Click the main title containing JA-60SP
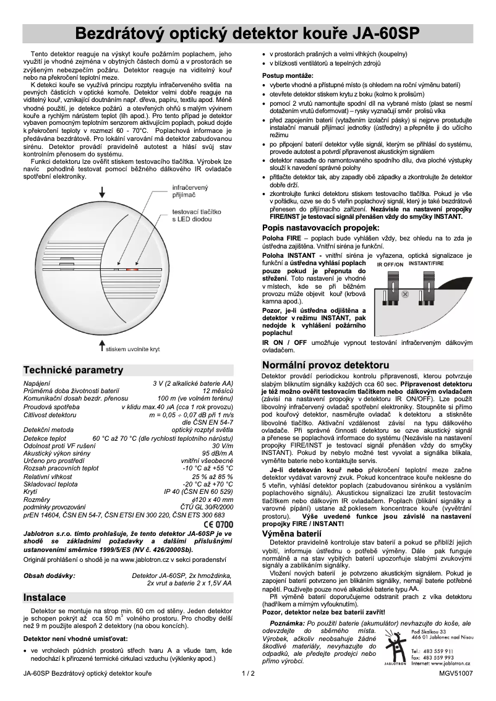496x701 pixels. click(x=247, y=33)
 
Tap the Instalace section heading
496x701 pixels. click(x=44, y=598)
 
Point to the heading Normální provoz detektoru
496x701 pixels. click(x=326, y=365)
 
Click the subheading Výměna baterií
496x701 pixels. click(x=292, y=533)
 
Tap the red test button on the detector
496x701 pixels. click(x=132, y=270)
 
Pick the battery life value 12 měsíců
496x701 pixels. click(x=218, y=391)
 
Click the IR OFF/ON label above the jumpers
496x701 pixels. click(x=390, y=265)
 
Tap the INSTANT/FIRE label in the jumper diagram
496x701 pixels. click(x=426, y=263)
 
